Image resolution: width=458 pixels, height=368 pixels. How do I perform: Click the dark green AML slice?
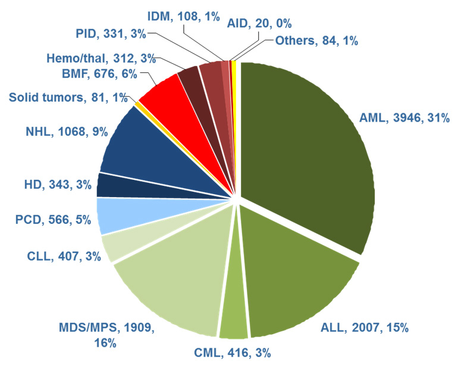[309, 154]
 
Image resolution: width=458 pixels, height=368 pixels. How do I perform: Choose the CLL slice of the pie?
[116, 246]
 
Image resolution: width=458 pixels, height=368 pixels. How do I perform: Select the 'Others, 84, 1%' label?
[316, 42]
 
